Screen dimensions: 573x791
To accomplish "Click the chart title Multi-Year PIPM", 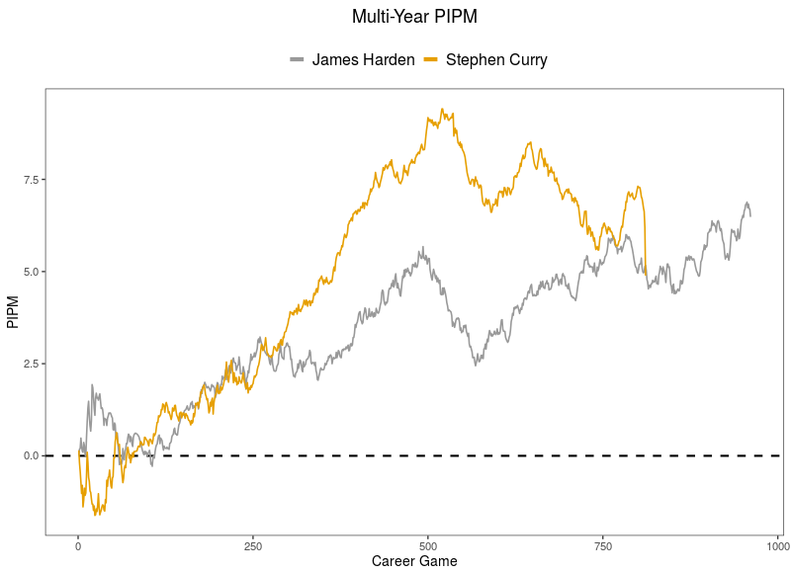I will pos(414,17).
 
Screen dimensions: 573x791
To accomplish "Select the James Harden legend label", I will pos(363,60).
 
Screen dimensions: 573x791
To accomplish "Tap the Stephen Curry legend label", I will pos(496,60).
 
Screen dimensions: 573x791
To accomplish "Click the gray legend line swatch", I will pos(297,60).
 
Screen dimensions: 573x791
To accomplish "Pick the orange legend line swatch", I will pos(431,60).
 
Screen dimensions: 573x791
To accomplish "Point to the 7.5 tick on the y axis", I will pos(29,180).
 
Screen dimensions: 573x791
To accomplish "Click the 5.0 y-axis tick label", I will pos(29,272).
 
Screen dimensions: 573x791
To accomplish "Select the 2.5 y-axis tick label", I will pos(29,364).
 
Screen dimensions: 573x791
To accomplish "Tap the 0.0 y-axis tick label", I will pos(29,455).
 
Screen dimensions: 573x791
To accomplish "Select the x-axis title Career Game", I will pos(414,561).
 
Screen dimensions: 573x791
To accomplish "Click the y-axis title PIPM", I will pos(13,312).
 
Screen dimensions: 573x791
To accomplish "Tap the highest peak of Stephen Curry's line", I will pos(442,110).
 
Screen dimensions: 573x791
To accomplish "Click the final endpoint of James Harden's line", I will pos(750,215).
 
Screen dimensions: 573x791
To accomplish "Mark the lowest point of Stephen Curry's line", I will pos(95,515).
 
